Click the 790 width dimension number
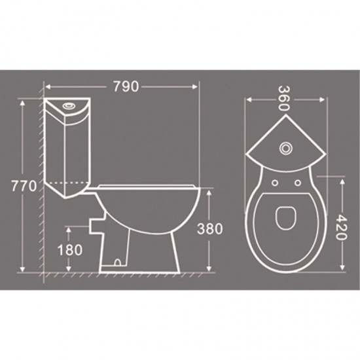(x=126, y=86)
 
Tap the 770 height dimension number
(x=24, y=186)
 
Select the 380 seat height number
(x=210, y=228)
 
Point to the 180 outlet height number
(x=70, y=250)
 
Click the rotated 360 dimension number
(x=285, y=99)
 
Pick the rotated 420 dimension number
(x=342, y=226)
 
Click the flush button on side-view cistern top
(x=68, y=106)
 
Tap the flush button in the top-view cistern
(x=285, y=149)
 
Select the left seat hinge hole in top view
(x=274, y=183)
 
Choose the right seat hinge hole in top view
(x=298, y=183)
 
